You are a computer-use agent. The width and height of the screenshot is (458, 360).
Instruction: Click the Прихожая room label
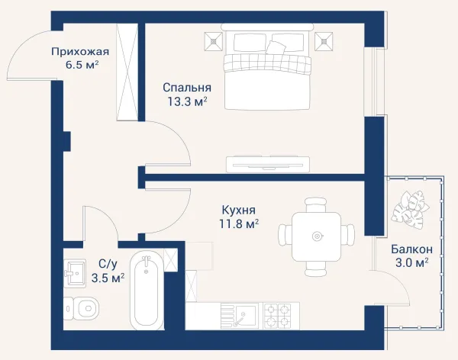click(80, 52)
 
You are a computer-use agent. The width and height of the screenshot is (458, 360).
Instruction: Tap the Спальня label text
click(187, 87)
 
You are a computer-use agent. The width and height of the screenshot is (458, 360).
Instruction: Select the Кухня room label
click(239, 210)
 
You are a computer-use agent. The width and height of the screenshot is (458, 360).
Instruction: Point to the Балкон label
click(412, 249)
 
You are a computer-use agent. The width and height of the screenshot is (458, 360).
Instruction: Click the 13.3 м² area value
click(187, 101)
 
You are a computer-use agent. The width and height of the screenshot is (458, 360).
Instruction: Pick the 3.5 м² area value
click(108, 278)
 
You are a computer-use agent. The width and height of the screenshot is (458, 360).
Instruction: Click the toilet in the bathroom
click(81, 308)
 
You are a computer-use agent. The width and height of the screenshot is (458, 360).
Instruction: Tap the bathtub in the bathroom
click(147, 291)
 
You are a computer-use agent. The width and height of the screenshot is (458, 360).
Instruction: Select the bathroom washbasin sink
click(75, 273)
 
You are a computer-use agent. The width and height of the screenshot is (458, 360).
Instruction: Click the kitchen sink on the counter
click(239, 316)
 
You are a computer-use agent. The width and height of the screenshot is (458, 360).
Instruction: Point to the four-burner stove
click(278, 316)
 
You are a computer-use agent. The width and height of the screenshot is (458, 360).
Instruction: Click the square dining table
click(316, 236)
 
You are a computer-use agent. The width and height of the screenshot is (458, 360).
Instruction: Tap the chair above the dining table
click(315, 205)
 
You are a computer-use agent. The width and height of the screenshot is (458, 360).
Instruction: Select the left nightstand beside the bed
click(213, 41)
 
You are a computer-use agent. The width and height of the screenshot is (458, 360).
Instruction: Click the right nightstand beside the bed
click(324, 41)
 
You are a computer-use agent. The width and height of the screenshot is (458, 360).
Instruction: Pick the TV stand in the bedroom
click(268, 164)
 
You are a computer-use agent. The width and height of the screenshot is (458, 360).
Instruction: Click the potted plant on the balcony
click(409, 208)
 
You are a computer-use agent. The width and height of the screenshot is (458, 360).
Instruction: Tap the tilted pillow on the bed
click(276, 47)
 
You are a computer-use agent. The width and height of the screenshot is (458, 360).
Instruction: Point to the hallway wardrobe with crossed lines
click(127, 72)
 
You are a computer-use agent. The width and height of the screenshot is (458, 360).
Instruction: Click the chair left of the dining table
click(285, 236)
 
